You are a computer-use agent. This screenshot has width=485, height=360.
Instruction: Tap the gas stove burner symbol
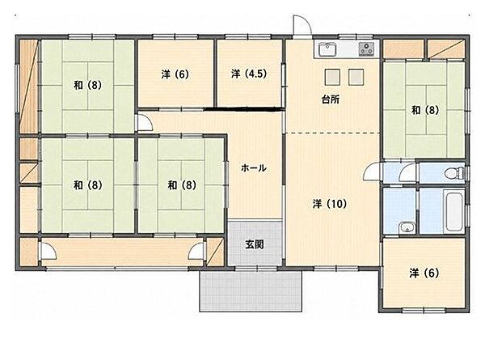366,49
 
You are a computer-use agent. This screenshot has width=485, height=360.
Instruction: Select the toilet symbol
454,173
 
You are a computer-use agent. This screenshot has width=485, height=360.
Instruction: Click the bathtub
453,211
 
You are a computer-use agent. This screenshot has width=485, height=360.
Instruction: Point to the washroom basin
407,228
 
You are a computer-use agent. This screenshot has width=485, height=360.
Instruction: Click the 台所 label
331,100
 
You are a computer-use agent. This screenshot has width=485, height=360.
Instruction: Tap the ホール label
253,168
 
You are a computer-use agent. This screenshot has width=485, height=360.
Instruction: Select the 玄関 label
255,244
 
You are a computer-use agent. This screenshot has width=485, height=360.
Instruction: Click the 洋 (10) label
330,204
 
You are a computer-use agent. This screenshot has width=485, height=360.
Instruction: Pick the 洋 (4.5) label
249,74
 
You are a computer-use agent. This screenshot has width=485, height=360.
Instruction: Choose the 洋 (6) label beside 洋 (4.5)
175,74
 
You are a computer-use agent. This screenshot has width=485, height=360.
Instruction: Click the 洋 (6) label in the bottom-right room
424,273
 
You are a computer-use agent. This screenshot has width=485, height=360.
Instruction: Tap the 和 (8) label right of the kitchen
425,110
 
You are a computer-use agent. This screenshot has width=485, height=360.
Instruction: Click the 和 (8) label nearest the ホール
182,185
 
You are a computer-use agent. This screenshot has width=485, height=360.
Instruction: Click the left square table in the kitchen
332,77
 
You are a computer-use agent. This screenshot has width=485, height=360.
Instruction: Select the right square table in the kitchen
356,77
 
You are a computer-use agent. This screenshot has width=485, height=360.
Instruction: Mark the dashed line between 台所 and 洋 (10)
332,133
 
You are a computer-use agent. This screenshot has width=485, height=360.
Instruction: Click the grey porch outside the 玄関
251,291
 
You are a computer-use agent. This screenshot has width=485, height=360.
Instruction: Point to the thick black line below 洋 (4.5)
244,108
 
